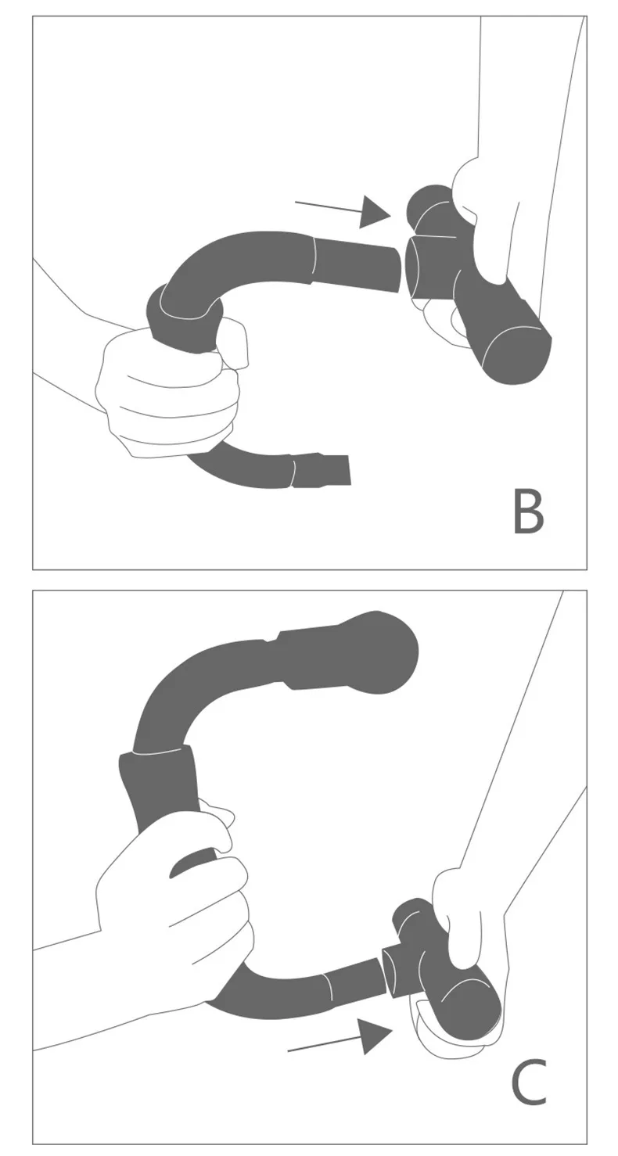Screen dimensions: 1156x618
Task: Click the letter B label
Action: coord(528,512)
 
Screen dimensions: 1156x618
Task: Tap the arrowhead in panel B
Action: coord(374,212)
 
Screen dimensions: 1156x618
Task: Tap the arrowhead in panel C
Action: coord(375,1036)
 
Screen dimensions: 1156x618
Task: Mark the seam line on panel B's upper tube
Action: coord(314,258)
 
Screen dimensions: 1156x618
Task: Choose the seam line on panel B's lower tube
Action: coord(293,472)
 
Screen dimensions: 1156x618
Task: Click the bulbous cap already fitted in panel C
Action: coord(383,652)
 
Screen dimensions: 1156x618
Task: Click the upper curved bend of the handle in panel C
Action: coord(180,688)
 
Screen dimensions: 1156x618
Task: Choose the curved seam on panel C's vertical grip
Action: coord(160,752)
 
